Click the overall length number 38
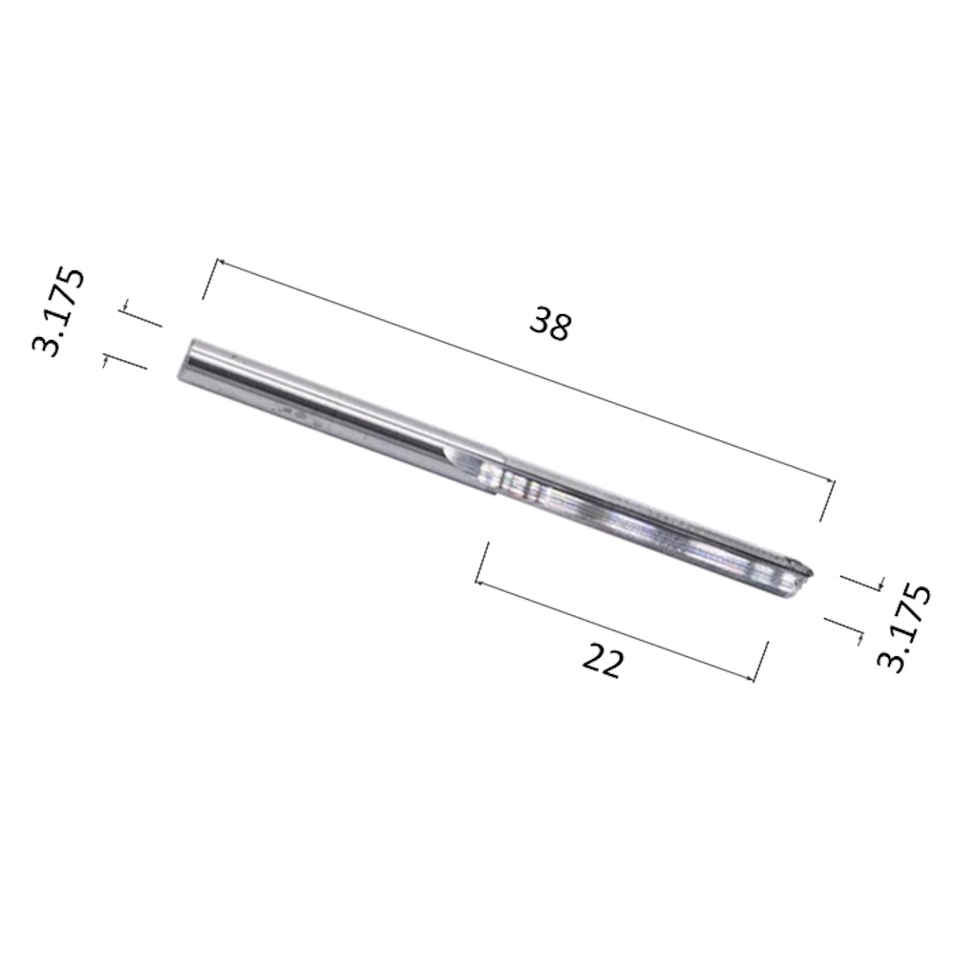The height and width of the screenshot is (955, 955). [550, 325]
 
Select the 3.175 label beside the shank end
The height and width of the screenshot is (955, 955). [59, 311]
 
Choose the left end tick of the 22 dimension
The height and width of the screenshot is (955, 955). [482, 562]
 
